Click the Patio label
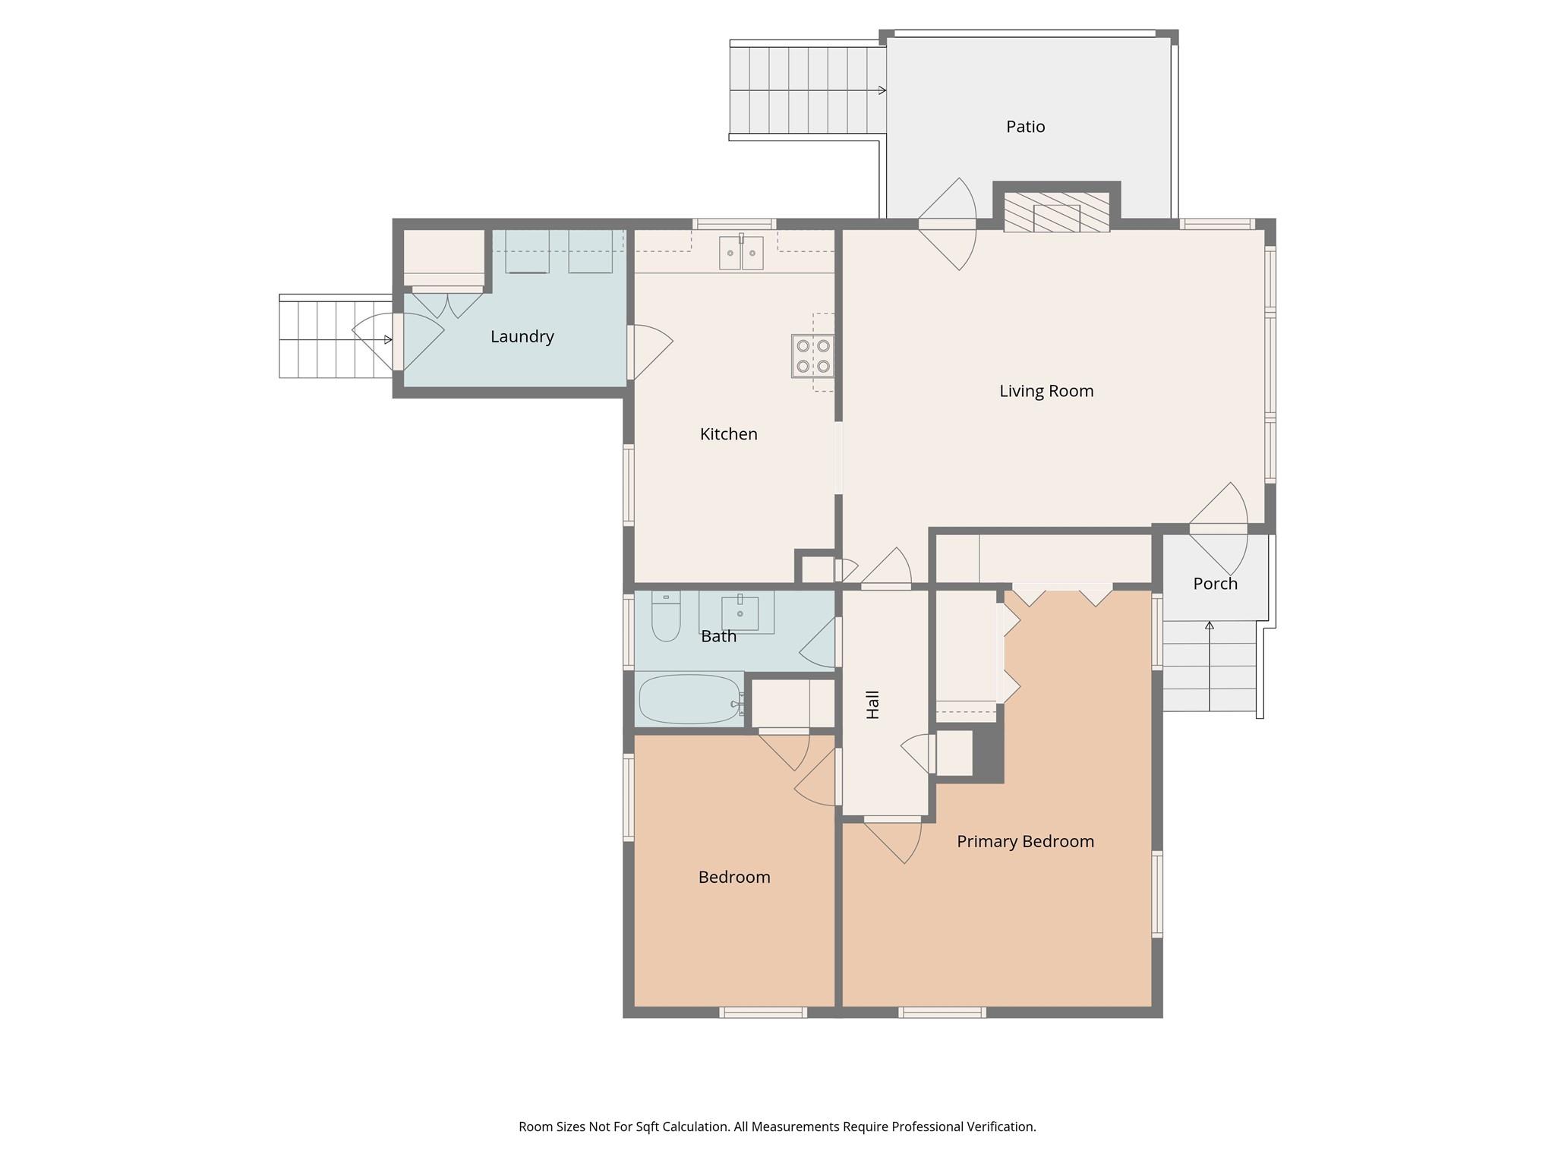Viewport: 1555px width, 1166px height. point(1025,127)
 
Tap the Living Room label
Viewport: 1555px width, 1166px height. point(1046,391)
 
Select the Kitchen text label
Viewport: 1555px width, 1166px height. point(728,434)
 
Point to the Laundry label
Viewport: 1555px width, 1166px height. point(522,336)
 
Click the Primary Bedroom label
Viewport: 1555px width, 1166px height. point(1024,841)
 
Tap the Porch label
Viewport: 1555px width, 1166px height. point(1215,584)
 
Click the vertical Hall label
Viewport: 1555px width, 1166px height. point(873,704)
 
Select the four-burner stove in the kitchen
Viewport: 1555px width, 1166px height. point(812,356)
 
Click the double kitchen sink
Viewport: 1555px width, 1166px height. point(741,253)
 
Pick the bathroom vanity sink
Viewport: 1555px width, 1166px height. point(740,613)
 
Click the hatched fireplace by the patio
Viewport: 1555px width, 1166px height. point(1056,212)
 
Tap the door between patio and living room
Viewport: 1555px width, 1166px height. point(947,224)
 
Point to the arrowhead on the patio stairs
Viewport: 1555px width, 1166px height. point(882,90)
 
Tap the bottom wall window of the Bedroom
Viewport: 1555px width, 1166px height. point(762,1012)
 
